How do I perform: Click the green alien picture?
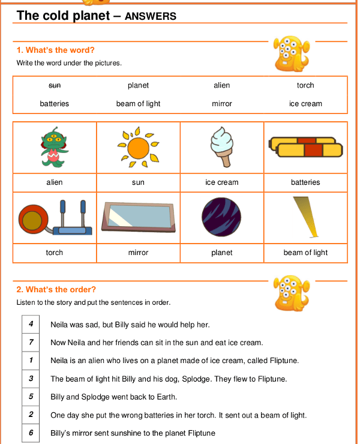tap(54, 148)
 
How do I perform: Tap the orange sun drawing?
tap(138, 146)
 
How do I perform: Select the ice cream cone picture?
tap(221, 148)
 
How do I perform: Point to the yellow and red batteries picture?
tap(305, 147)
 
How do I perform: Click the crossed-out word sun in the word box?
tap(55, 86)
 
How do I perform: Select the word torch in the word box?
tap(305, 86)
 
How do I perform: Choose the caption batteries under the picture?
tap(305, 182)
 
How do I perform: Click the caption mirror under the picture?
tap(138, 253)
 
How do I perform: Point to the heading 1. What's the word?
tap(56, 50)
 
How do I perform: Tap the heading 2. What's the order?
tap(56, 290)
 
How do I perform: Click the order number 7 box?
tap(31, 342)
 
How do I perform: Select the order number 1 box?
tap(31, 360)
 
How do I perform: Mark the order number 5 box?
tap(31, 397)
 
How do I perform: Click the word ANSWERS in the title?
tap(151, 17)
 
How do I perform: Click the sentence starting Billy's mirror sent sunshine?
tap(133, 433)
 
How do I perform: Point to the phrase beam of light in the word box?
tap(138, 104)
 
